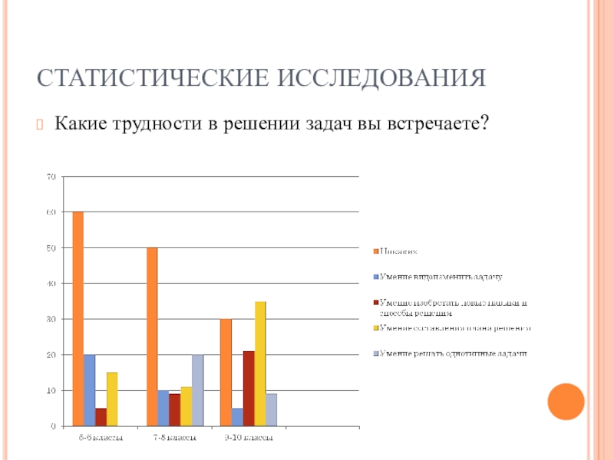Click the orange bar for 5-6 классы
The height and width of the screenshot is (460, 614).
[x=78, y=318]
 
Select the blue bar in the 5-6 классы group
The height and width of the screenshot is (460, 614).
[x=90, y=389]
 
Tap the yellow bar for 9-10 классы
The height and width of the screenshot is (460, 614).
[x=261, y=363]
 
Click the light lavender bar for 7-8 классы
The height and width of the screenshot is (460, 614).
[x=198, y=389]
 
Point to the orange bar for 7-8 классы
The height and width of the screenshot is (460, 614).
[x=152, y=336]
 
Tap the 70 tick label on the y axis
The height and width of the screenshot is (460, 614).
[x=51, y=176]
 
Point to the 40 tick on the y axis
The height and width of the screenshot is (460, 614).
[x=51, y=284]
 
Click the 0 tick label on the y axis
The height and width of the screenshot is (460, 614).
[x=54, y=426]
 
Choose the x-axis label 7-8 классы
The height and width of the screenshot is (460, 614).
[x=174, y=439]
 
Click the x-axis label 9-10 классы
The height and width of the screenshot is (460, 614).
[x=248, y=439]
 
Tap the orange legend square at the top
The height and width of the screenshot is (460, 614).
[x=376, y=250]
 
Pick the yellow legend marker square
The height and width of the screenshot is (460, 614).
[x=376, y=327]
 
